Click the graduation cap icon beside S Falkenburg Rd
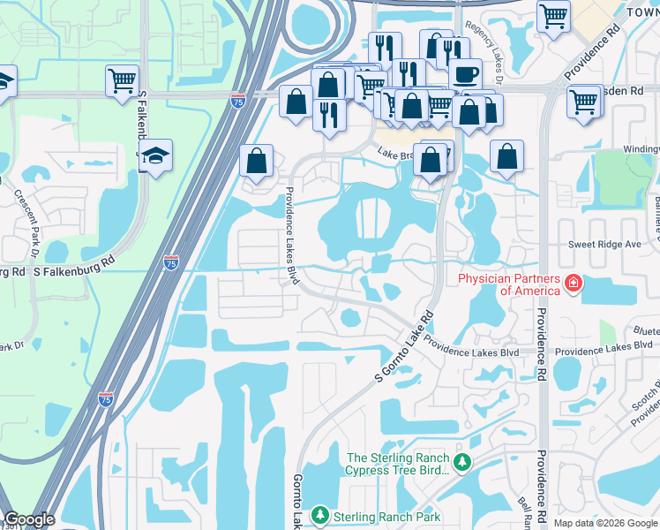click(155, 155)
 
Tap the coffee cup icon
click(465, 73)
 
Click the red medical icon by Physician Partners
click(573, 284)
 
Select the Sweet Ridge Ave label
click(604, 244)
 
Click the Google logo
click(29, 519)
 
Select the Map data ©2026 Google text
click(605, 523)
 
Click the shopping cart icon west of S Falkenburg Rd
click(122, 80)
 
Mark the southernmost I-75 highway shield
click(106, 399)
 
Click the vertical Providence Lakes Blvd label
click(290, 236)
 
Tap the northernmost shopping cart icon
click(553, 15)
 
